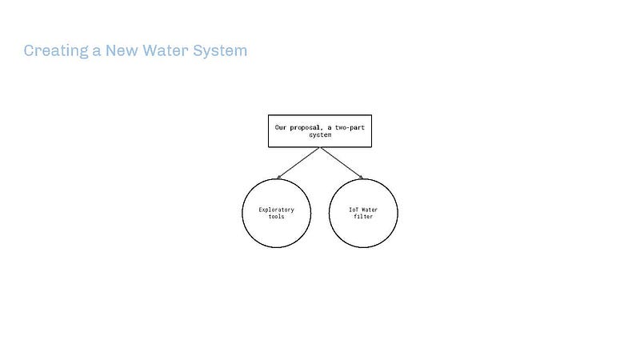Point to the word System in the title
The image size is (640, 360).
pyautogui.click(x=220, y=51)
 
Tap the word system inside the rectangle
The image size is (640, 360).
pyautogui.click(x=320, y=135)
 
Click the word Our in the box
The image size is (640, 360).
pyautogui.click(x=281, y=127)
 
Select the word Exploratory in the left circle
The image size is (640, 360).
pyautogui.click(x=276, y=210)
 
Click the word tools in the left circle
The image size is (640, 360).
pyautogui.click(x=276, y=217)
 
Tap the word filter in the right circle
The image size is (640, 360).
pyautogui.click(x=363, y=217)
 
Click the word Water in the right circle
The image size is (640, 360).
pyautogui.click(x=369, y=210)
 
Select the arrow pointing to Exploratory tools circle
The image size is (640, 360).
pyautogui.click(x=298, y=163)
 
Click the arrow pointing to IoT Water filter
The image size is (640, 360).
pyautogui.click(x=342, y=163)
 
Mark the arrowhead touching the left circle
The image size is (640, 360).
pyautogui.click(x=278, y=177)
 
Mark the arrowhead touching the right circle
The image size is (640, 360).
pyautogui.click(x=361, y=177)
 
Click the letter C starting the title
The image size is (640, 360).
pyautogui.click(x=29, y=51)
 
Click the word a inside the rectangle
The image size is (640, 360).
pyautogui.click(x=329, y=127)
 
